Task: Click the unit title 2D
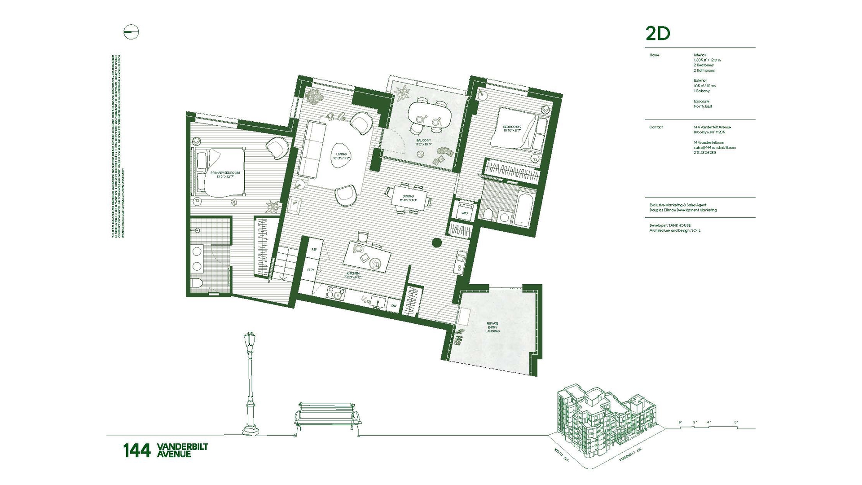[x=658, y=34]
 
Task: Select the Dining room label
[x=408, y=198]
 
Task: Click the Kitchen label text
[x=353, y=275]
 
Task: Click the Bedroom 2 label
[x=512, y=129]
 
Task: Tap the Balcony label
[x=423, y=142]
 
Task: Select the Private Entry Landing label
[x=493, y=327]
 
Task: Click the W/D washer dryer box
[x=464, y=213]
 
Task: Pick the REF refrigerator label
[x=314, y=249]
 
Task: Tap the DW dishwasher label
[x=394, y=306]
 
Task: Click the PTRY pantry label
[x=311, y=270]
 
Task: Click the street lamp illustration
[x=250, y=384]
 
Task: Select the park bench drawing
[x=328, y=418]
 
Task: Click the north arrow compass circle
[x=131, y=32]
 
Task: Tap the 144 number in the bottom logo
[x=136, y=450]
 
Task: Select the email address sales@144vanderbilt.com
[x=714, y=147]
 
